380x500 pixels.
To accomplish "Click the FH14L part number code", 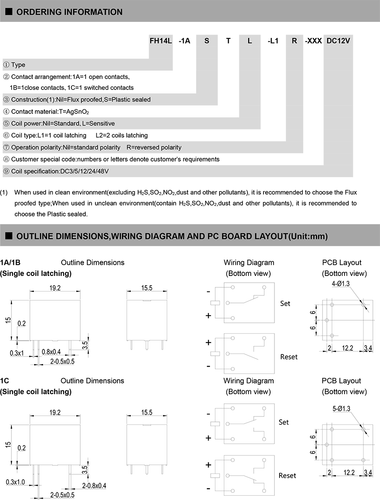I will coord(161,41).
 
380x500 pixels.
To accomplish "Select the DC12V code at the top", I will coord(339,41).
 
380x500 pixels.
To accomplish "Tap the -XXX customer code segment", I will coord(313,41).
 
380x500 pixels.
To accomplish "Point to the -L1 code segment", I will coord(273,41).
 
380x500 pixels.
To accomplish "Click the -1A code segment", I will coord(185,41).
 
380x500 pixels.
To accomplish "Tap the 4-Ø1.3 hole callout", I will coord(341,284).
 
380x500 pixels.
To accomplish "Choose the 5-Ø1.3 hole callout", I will coord(342,408).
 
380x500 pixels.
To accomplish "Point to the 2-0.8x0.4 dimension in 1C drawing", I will coord(94,486).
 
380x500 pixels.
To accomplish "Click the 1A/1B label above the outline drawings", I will coord(10,262).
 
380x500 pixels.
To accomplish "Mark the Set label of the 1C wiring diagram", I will coord(284,422).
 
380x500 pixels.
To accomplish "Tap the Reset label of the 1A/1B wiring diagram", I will coord(289,357).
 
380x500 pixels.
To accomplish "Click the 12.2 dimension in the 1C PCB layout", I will coord(349,473).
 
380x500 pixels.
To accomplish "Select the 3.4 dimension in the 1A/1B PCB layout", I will coord(368,348).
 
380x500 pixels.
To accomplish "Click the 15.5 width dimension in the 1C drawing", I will coord(147,413).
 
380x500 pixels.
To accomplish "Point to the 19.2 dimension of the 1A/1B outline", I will coord(55,288).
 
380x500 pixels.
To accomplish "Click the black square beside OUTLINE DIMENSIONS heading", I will coord(8,236).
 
